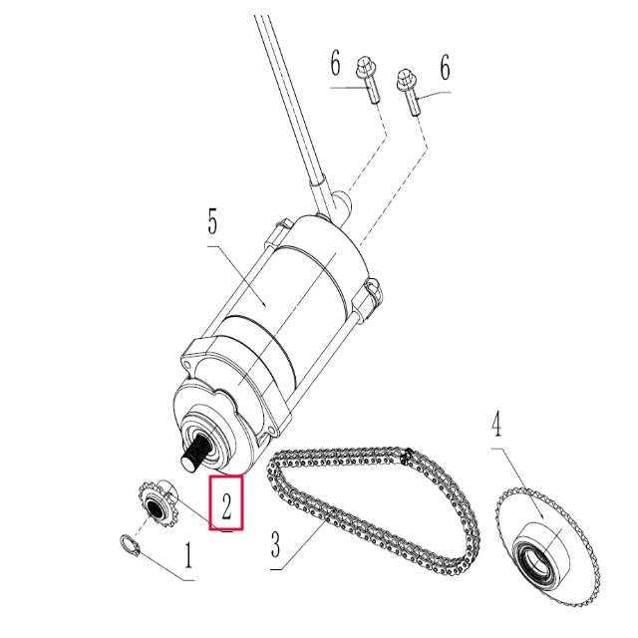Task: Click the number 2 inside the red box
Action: coord(227,505)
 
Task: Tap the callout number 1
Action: coord(186,560)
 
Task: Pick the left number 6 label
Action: coord(336,67)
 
